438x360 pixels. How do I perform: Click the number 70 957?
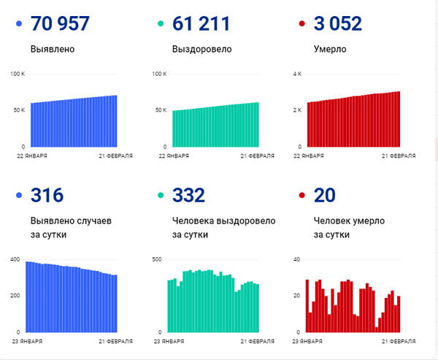click(x=60, y=23)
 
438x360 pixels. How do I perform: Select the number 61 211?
click(x=201, y=23)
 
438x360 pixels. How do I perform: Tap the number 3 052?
click(x=337, y=23)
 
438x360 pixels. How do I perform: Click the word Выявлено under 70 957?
click(x=53, y=50)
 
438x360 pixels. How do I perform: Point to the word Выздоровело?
click(x=202, y=50)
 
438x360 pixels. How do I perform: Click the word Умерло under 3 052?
click(x=330, y=50)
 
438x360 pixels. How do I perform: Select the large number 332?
click(x=188, y=195)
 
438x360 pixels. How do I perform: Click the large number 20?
click(x=324, y=195)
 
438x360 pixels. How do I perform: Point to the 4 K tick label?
click(x=297, y=74)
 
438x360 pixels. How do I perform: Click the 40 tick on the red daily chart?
click(x=297, y=260)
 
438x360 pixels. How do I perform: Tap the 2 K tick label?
click(x=297, y=110)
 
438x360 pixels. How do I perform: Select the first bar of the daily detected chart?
click(x=28, y=296)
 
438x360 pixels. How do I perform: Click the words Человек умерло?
click(x=349, y=221)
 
